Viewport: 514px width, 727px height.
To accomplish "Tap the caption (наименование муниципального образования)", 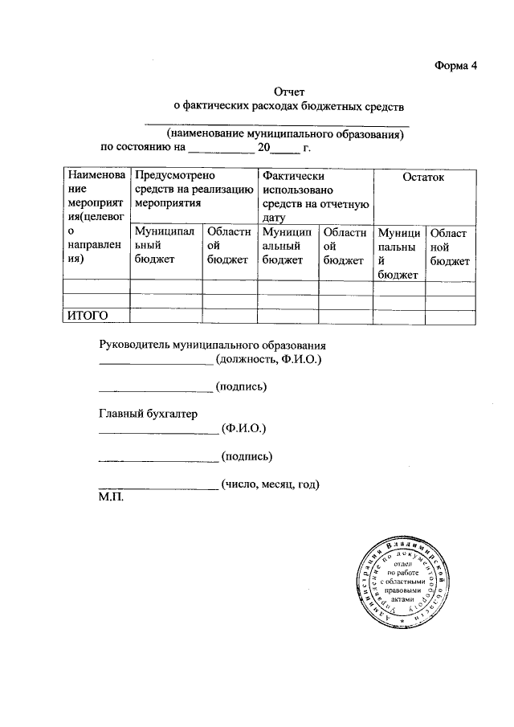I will pyautogui.click(x=284, y=134).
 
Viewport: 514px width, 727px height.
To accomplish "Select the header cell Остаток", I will pyautogui.click(x=423, y=178).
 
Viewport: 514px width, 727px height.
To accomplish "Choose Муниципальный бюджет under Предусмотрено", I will pyautogui.click(x=165, y=246).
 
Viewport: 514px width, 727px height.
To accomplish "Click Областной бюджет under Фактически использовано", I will pyautogui.click(x=344, y=246).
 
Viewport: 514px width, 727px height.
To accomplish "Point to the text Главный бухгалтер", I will pyautogui.click(x=148, y=414).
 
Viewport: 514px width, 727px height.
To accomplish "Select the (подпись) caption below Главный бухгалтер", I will pyautogui.click(x=248, y=457).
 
